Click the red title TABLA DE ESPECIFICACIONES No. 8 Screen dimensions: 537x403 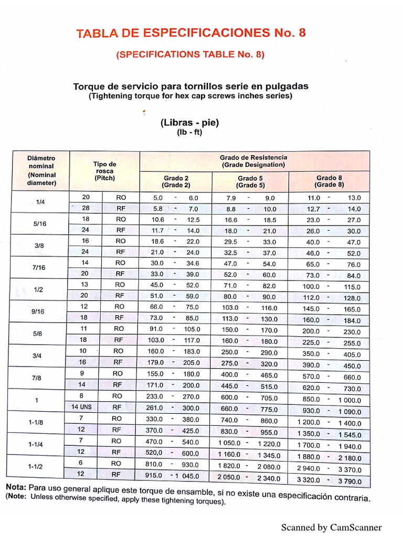coord(190,34)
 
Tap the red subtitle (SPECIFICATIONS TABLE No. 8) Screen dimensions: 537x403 coord(190,55)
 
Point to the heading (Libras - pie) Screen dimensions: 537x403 coord(189,123)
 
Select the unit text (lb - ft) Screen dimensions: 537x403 coord(189,132)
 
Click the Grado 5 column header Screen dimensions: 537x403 coord(250,181)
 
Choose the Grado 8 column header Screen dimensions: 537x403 coord(329,181)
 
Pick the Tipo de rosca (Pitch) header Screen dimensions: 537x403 coord(105,171)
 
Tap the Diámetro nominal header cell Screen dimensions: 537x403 coord(41,170)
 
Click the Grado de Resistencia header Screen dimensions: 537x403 coord(253,161)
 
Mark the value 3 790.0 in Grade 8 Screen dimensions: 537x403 coord(349,481)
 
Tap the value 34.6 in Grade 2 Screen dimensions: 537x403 coord(193,263)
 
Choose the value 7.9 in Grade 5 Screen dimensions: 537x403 coord(231,198)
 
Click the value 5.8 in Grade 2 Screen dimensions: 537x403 coord(157,208)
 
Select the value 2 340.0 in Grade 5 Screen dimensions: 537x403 coord(268,478)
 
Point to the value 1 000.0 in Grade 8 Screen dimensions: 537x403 coord(349,400)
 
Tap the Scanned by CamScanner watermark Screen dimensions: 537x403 coord(331,527)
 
